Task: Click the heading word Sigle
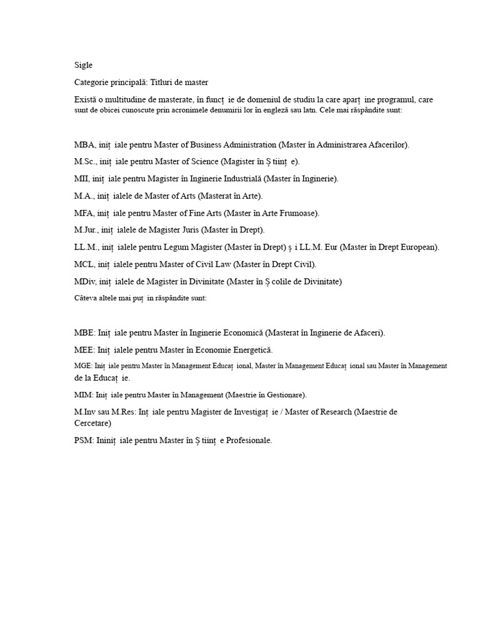point(83,64)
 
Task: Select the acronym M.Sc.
point(86,161)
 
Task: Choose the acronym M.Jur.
point(87,230)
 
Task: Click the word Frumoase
point(297,213)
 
